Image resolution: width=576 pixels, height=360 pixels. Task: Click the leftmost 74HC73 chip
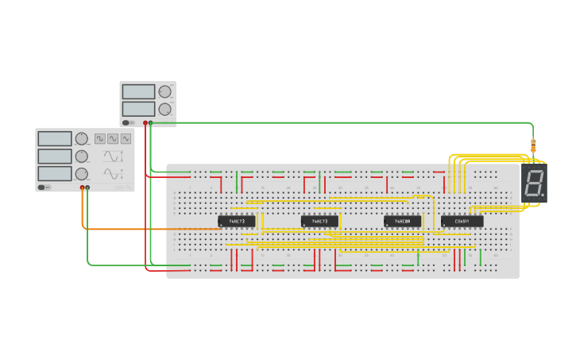(236, 221)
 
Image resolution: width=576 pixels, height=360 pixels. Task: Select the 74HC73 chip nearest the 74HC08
(319, 221)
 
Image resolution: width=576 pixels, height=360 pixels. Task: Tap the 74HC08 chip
(402, 221)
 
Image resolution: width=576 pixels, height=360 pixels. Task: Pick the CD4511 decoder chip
(462, 221)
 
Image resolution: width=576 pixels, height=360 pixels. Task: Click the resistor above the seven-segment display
(533, 146)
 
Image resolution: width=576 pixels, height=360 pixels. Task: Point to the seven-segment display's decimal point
(543, 196)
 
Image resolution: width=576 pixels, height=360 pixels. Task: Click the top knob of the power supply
(164, 91)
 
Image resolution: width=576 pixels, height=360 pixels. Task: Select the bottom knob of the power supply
(164, 109)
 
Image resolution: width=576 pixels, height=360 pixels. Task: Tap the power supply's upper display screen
(138, 91)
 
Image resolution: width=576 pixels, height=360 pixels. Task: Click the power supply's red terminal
(145, 122)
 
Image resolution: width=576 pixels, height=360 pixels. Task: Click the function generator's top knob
(81, 139)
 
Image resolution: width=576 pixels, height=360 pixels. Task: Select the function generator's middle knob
(81, 156)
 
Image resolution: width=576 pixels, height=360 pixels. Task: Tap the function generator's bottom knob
(81, 173)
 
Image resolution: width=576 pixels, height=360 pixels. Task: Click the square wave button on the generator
(100, 138)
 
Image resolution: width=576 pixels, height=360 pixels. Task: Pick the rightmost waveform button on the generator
(126, 138)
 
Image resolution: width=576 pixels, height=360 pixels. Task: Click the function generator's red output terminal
(82, 188)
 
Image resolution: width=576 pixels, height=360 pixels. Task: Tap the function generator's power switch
(43, 188)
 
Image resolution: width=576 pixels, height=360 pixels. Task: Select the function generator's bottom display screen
(54, 173)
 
